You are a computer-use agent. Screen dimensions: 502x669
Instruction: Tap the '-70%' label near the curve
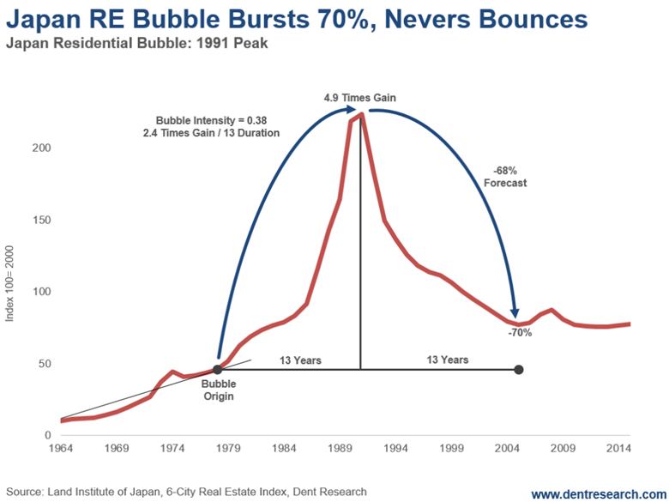pyautogui.click(x=520, y=332)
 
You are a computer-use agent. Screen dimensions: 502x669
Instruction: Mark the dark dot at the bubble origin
pyautogui.click(x=218, y=370)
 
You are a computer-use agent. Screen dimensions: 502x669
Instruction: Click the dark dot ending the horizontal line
pyautogui.click(x=519, y=370)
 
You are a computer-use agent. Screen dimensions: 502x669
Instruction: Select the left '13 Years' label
pyautogui.click(x=300, y=360)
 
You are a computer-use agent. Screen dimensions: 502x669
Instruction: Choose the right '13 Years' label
pyautogui.click(x=448, y=360)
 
